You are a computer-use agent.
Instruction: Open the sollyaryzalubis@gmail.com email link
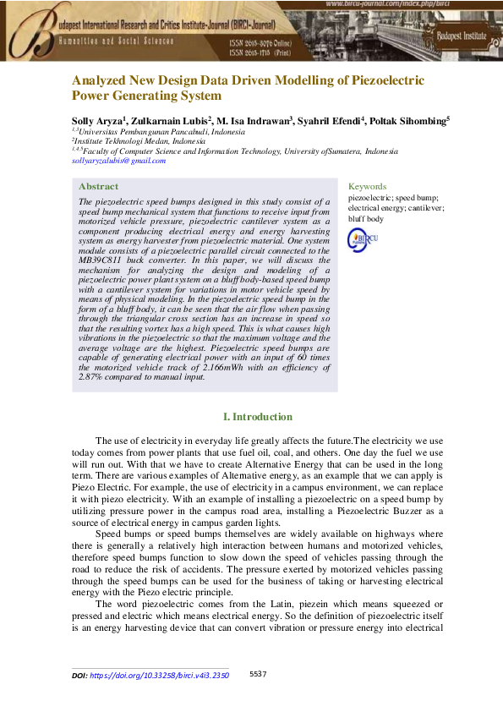118,161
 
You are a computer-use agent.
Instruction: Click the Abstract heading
98,186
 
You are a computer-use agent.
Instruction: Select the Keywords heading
367,186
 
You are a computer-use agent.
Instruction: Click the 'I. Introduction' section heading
257,417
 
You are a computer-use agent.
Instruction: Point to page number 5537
259,674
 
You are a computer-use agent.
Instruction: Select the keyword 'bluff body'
366,219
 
